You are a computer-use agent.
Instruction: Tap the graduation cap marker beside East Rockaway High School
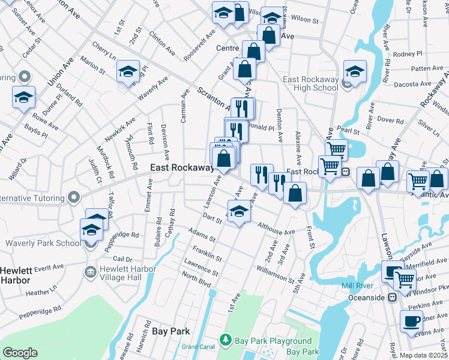[x=355, y=73]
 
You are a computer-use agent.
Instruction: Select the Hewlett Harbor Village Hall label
[x=128, y=273]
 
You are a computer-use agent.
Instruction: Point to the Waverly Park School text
[x=43, y=243]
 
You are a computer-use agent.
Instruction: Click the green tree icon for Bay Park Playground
[x=226, y=340]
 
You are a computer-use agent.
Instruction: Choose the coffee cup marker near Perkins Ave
[x=412, y=322]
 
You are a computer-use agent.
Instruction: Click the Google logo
[x=20, y=353]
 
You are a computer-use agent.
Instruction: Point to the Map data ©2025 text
[x=424, y=355]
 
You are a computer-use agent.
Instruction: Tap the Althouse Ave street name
[x=276, y=228]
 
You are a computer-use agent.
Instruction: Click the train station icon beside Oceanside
[x=392, y=297]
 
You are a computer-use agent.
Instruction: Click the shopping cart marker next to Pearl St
[x=336, y=149]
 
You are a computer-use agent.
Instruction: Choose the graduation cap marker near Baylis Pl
[x=24, y=97]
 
